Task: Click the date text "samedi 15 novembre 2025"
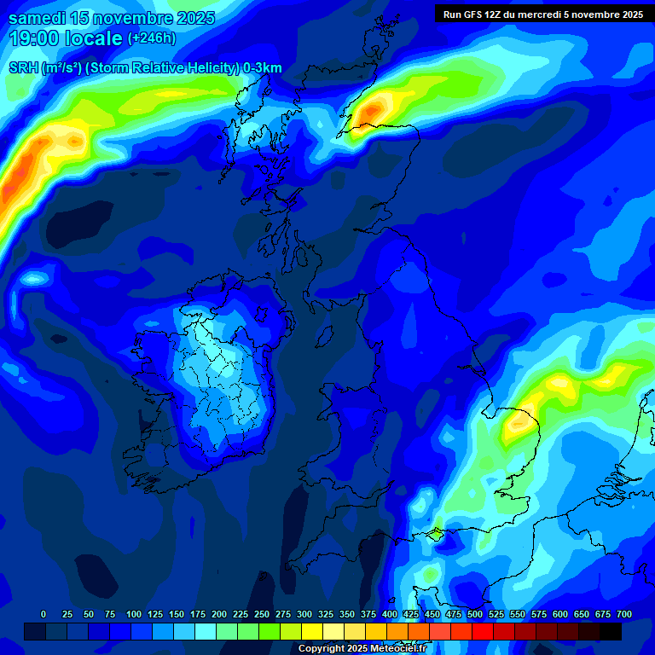pyautogui.click(x=112, y=18)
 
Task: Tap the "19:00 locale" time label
pyautogui.click(x=66, y=38)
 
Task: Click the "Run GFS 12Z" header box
pyautogui.click(x=542, y=14)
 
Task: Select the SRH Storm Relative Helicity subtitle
pyautogui.click(x=145, y=68)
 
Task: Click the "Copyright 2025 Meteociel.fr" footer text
pyautogui.click(x=362, y=649)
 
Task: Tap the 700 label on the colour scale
pyautogui.click(x=623, y=614)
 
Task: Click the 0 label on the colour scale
pyautogui.click(x=43, y=614)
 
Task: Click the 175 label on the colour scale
pyautogui.click(x=198, y=614)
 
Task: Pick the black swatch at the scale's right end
pyautogui.click(x=611, y=631)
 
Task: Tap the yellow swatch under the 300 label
pyautogui.click(x=312, y=631)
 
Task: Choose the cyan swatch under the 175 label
pyautogui.click(x=206, y=631)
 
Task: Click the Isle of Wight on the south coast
pyautogui.click(x=436, y=535)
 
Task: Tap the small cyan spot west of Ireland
pyautogui.click(x=34, y=278)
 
